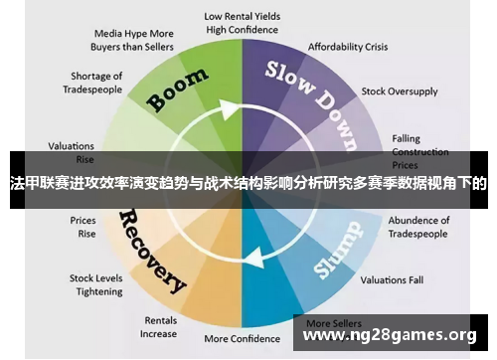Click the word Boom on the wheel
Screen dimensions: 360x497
tap(179, 90)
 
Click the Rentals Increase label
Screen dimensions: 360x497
tap(160, 327)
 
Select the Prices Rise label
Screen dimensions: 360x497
tap(83, 227)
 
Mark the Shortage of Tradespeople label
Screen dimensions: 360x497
tap(96, 82)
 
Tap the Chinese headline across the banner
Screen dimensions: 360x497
tap(248, 184)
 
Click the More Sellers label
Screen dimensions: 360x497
tap(333, 323)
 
